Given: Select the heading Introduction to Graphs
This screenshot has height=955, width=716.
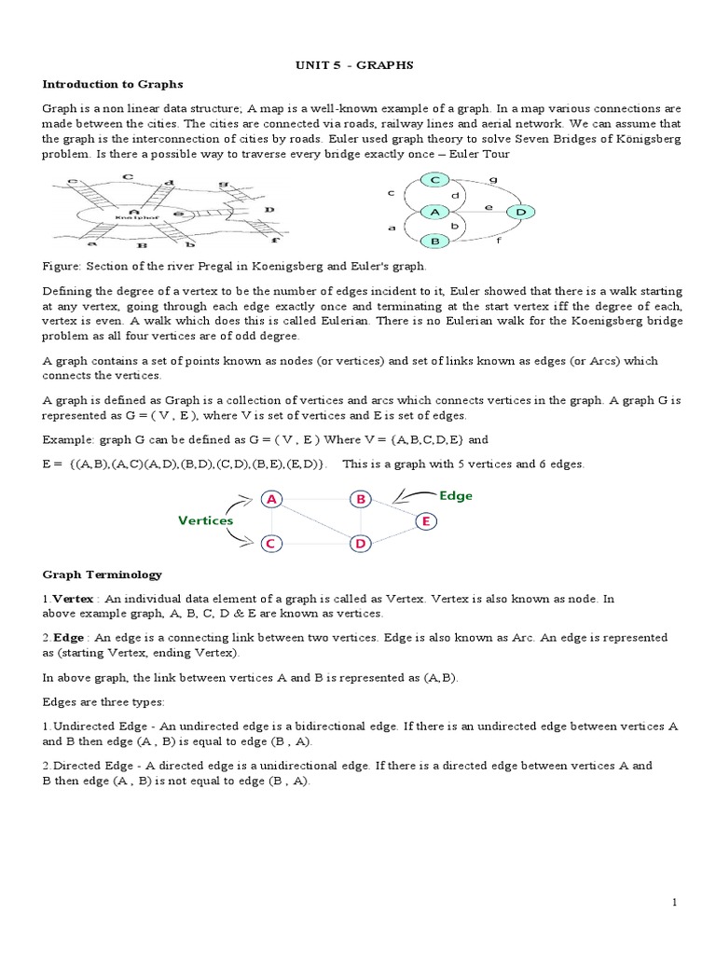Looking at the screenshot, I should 102,84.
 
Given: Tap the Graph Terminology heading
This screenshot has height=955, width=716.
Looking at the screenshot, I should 102,574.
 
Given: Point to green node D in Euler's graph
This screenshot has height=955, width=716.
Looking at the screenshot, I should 520,213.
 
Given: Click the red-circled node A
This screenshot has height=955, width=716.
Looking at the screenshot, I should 272,499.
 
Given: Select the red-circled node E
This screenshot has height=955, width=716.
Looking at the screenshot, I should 424,522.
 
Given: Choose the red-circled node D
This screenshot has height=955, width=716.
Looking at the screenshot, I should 360,543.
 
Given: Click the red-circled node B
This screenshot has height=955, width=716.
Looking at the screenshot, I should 360,499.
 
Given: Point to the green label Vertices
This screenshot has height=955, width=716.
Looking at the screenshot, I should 205,520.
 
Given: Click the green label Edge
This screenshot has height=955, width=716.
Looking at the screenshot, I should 456,496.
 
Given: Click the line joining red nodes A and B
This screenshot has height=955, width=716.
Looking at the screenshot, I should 316,499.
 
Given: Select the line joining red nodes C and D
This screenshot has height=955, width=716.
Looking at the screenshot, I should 316,543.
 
